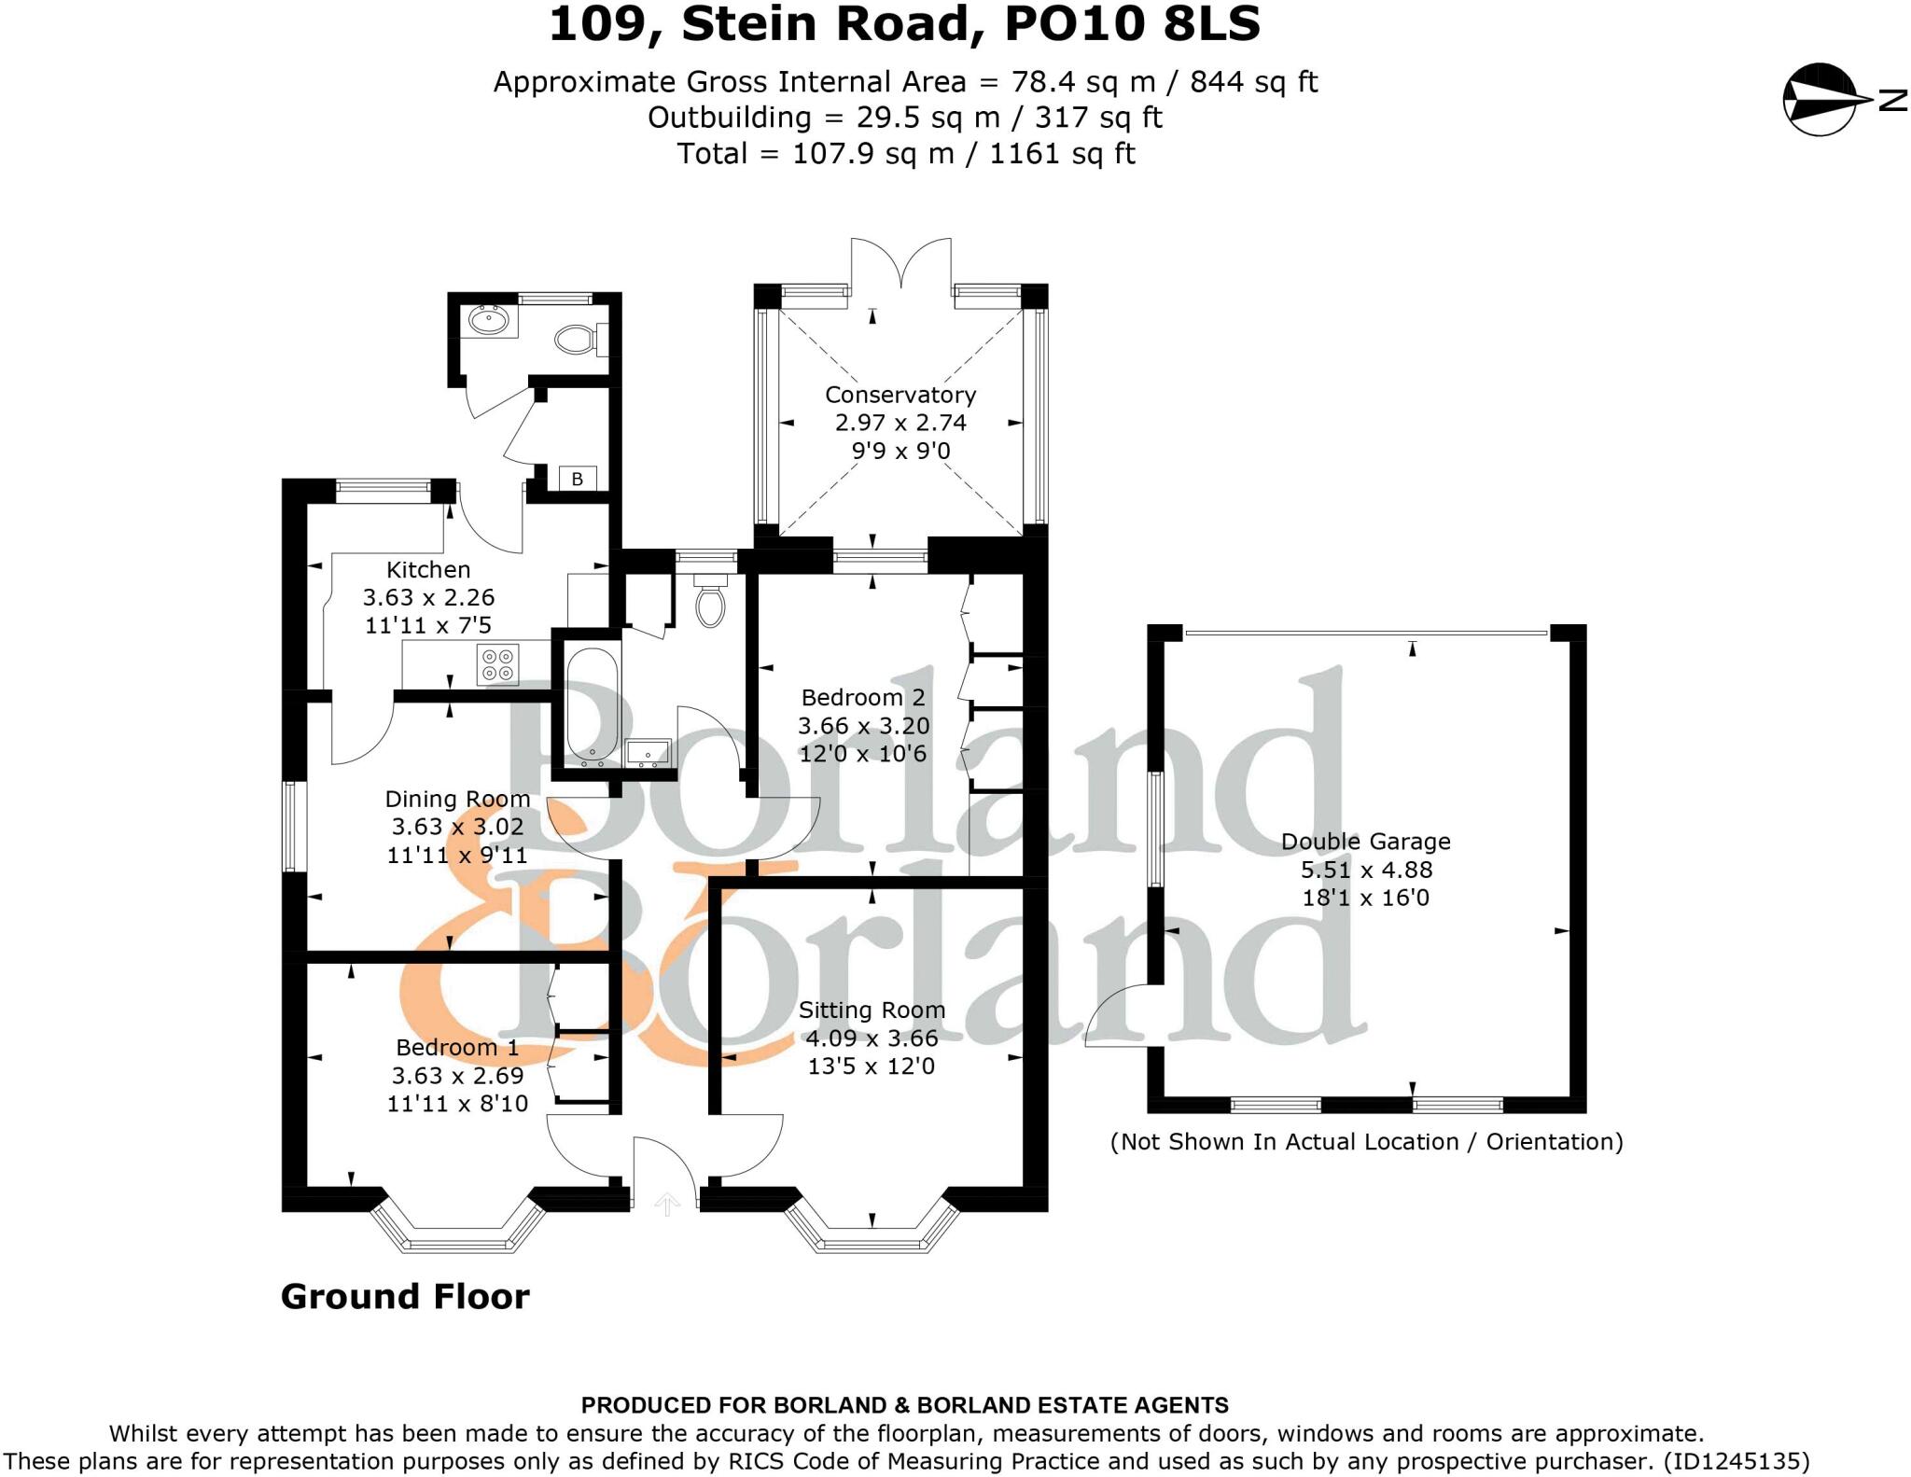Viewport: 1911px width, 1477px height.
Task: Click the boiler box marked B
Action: click(x=577, y=479)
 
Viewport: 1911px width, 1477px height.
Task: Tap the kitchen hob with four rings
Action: click(x=497, y=664)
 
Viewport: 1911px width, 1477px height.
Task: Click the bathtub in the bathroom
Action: click(x=592, y=707)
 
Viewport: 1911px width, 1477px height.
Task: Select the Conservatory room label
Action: click(x=900, y=395)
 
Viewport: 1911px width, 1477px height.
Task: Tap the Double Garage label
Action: click(x=1365, y=842)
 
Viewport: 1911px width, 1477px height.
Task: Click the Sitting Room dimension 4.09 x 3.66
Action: click(x=872, y=1038)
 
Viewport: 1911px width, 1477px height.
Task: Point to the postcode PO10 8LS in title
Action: click(x=1131, y=24)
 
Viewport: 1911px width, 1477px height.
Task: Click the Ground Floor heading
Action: click(x=405, y=1297)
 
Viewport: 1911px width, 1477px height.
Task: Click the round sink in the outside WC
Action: click(x=488, y=322)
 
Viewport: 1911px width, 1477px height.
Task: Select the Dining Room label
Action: click(x=457, y=800)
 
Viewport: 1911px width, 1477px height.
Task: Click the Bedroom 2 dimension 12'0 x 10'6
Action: click(x=863, y=754)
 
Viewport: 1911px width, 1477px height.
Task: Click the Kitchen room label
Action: click(x=428, y=570)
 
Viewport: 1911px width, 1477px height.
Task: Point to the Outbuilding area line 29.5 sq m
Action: click(x=904, y=118)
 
